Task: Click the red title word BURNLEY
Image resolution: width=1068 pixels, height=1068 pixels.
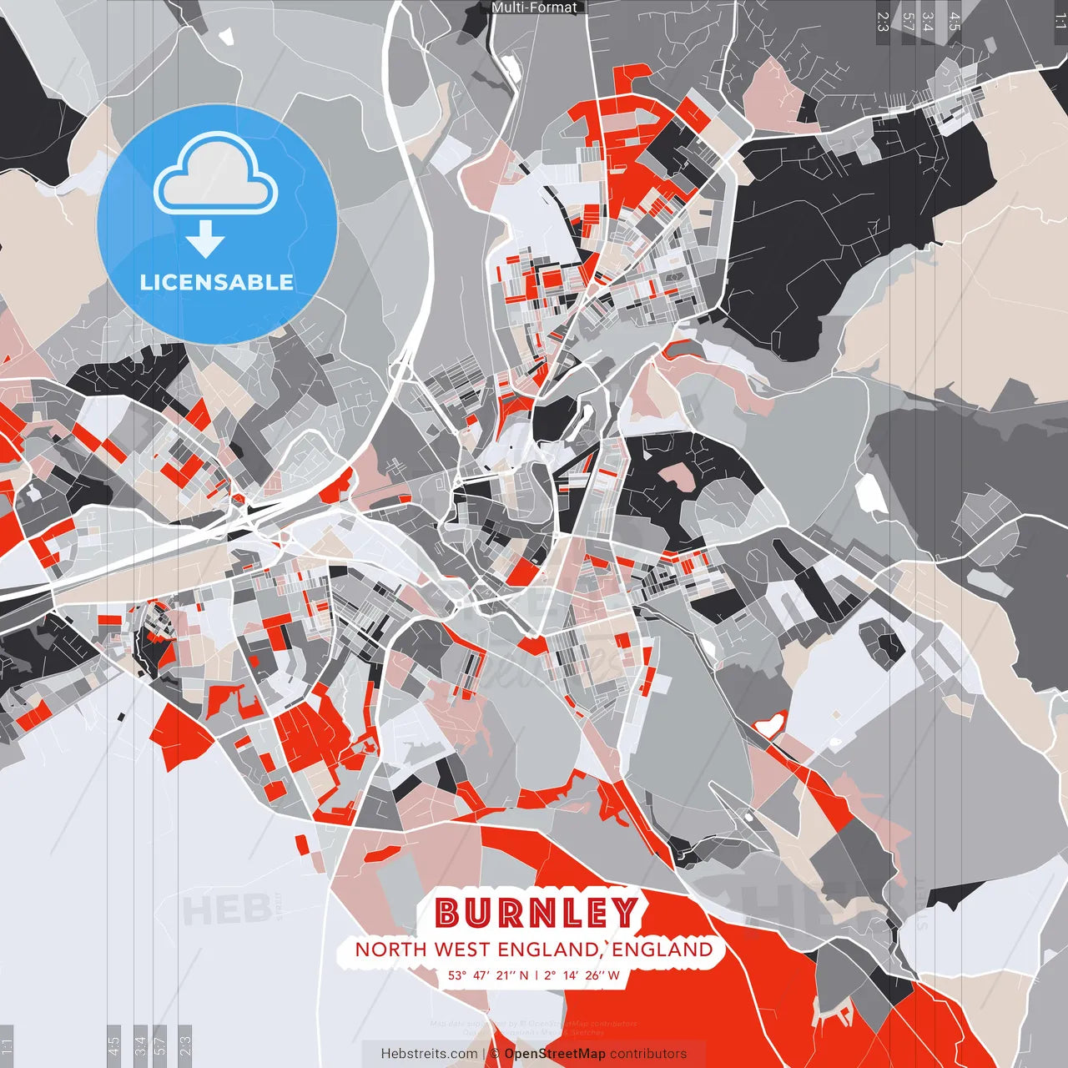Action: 536,913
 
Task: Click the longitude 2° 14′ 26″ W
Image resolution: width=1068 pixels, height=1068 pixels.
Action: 582,975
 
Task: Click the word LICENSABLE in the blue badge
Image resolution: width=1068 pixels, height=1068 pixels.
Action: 217,282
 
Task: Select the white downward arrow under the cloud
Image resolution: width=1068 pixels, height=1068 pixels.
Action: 205,239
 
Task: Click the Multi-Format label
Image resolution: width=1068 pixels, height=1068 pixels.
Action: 534,8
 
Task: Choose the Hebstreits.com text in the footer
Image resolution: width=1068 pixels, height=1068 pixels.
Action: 429,1054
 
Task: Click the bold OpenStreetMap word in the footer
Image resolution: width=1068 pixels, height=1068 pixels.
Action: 555,1054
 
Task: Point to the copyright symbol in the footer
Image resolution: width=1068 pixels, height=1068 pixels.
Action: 495,1054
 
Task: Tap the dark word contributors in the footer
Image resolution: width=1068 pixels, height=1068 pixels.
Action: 648,1054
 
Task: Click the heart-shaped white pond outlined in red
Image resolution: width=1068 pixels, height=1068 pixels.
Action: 771,723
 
